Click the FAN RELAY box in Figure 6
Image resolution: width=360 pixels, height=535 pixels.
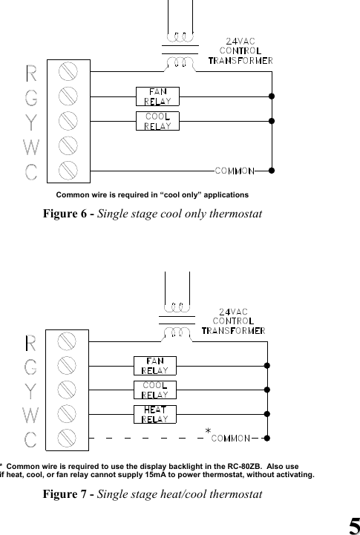pyautogui.click(x=157, y=96)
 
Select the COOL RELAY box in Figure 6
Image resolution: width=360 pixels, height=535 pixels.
pyautogui.click(x=157, y=120)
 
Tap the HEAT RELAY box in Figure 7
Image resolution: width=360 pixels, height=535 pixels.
pyautogui.click(x=154, y=414)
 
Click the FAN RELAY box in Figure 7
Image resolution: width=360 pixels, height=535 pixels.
pyautogui.click(x=154, y=365)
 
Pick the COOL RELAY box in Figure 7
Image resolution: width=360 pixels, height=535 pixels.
pyautogui.click(x=154, y=390)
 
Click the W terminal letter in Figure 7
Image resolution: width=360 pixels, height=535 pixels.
pyautogui.click(x=30, y=413)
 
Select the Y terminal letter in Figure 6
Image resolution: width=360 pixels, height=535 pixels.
pyautogui.click(x=31, y=121)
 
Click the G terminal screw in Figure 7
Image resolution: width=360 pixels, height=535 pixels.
pyautogui.click(x=68, y=365)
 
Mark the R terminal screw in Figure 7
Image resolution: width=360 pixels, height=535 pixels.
pyautogui.click(x=68, y=341)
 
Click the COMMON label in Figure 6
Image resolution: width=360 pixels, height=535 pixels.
pyautogui.click(x=235, y=171)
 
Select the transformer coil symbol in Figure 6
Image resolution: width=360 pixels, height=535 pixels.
pyautogui.click(x=179, y=48)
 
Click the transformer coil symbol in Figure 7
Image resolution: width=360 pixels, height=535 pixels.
pyautogui.click(x=176, y=317)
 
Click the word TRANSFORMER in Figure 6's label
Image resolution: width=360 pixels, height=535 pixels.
pyautogui.click(x=240, y=60)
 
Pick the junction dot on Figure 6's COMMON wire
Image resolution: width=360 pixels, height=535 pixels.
pyautogui.click(x=272, y=170)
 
